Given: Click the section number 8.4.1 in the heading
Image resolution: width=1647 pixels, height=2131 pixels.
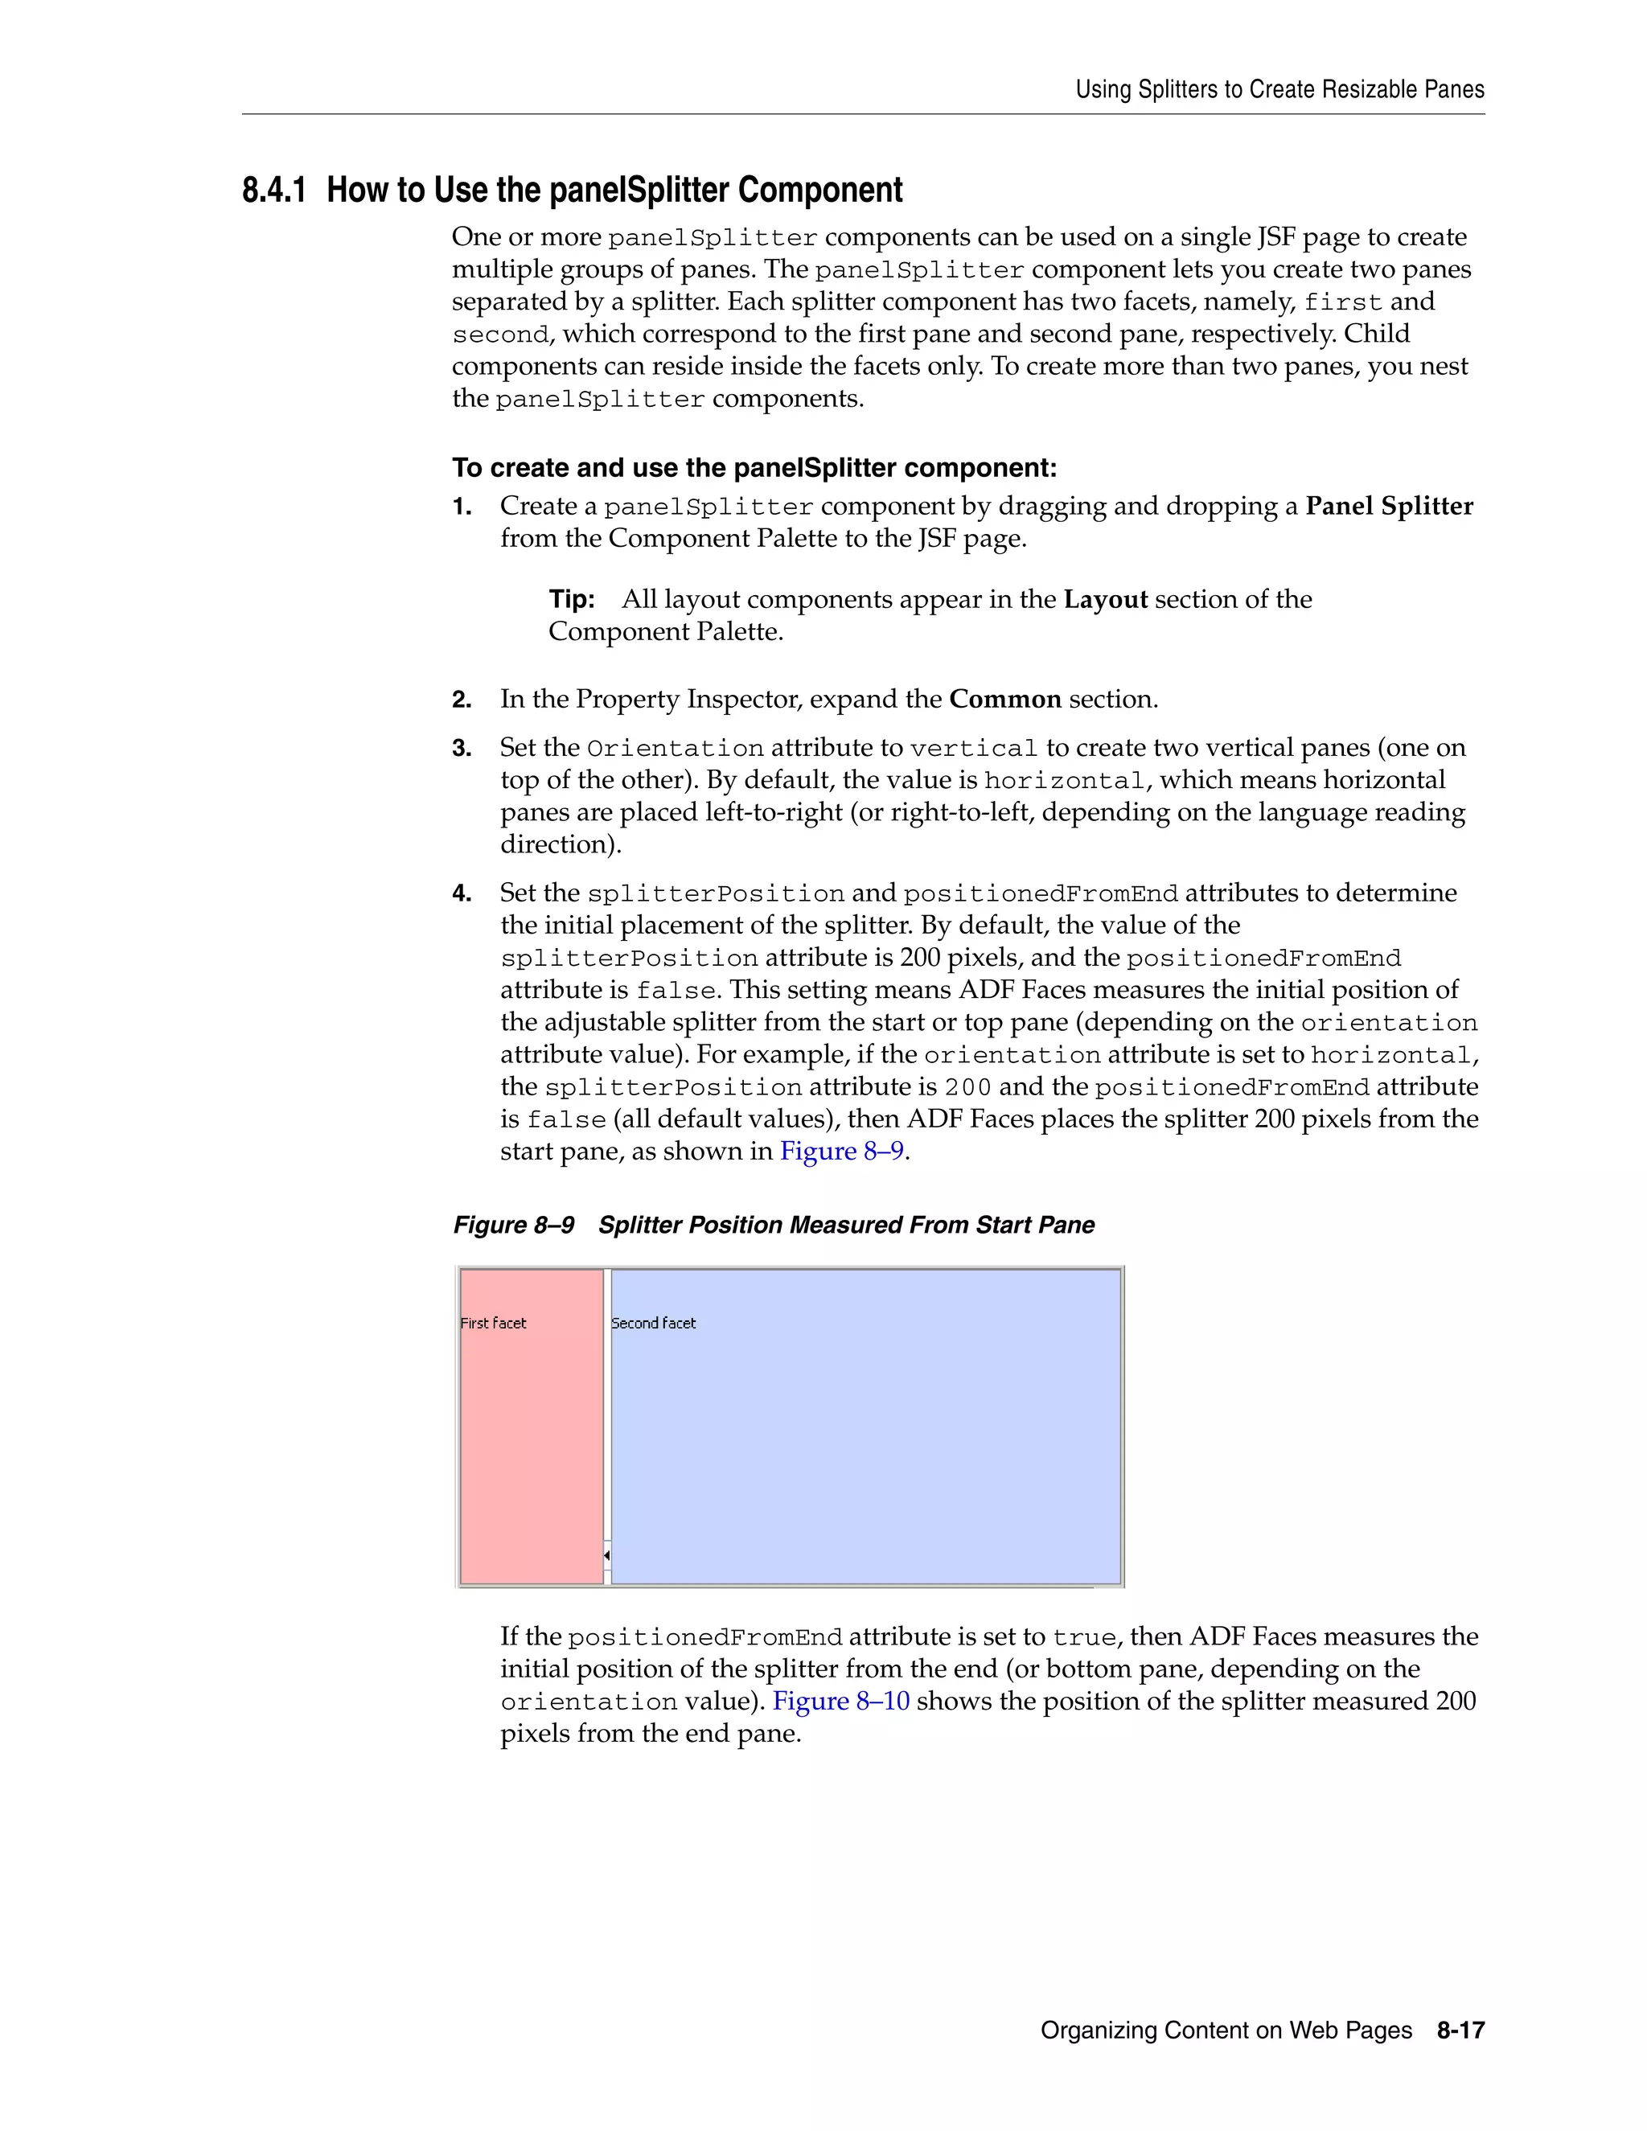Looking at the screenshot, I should coord(273,191).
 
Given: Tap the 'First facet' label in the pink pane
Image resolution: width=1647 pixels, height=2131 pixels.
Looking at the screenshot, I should coord(493,1323).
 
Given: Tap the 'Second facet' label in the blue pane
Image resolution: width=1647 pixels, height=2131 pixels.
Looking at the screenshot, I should coord(653,1323).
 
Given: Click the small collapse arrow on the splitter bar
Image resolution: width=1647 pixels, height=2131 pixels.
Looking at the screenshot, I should coord(607,1554).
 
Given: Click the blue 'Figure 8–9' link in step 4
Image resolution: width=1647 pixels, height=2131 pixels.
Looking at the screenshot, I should coord(842,1152).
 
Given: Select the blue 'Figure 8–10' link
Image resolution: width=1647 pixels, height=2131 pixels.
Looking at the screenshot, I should coord(841,1701).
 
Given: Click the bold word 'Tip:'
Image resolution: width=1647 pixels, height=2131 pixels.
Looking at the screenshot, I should coord(572,599).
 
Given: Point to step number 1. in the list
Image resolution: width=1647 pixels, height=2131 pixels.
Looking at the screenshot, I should coord(462,507).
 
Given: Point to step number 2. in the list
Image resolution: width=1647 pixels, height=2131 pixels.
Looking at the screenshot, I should coord(462,700).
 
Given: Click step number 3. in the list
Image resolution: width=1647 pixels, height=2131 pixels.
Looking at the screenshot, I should coord(462,749).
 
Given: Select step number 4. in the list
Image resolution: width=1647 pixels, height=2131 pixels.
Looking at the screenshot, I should coord(462,893).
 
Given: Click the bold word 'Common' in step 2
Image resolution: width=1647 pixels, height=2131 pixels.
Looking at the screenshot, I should coord(1005,700).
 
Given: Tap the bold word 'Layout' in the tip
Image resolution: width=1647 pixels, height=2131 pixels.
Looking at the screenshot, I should coord(1106,599).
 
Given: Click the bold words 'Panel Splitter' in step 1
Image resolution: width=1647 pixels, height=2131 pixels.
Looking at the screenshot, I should coord(1390,507).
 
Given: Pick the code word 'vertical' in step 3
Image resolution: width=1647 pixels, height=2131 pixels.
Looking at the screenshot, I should coord(973,749).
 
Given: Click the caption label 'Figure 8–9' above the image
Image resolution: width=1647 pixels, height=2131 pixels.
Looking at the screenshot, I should coord(514,1225).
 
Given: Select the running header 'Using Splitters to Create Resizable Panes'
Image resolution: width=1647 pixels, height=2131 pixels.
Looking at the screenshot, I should coord(1279,90).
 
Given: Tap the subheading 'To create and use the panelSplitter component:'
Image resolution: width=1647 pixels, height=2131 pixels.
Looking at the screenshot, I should coord(754,468).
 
